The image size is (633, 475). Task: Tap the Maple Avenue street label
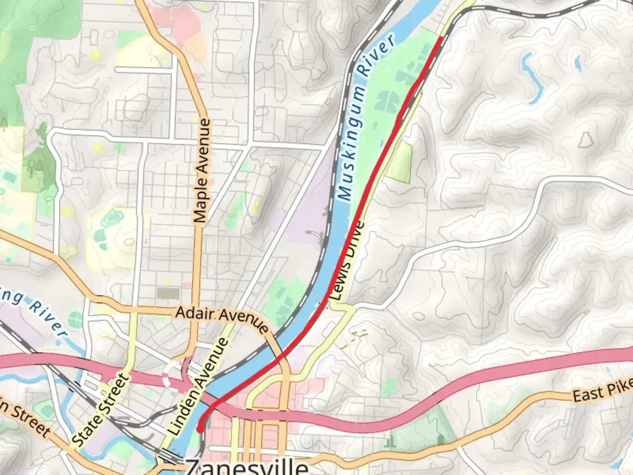coord(203,170)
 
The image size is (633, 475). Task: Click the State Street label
coord(102,409)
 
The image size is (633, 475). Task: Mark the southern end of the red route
coord(200,430)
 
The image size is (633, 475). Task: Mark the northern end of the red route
coord(440,39)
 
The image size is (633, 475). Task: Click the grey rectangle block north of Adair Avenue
coord(168,293)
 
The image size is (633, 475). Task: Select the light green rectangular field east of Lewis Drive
coord(400,163)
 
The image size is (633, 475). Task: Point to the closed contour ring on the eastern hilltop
coord(585,139)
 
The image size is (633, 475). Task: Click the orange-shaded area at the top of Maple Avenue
coord(196,44)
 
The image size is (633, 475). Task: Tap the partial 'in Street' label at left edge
coord(24,418)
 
